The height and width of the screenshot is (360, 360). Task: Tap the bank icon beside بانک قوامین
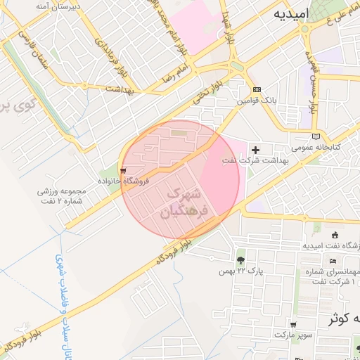click(x=257, y=89)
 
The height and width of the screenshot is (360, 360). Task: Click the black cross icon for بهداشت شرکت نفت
click(x=255, y=150)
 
